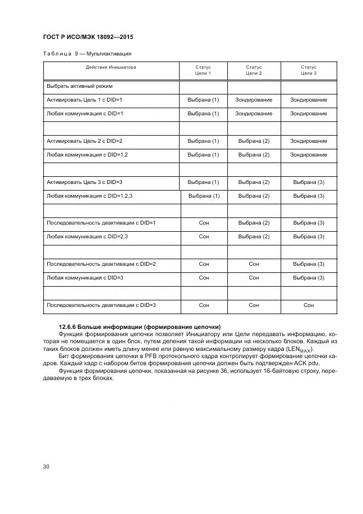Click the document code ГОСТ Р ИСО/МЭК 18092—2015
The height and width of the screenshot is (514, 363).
click(88, 37)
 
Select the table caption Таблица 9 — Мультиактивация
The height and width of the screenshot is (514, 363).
click(87, 54)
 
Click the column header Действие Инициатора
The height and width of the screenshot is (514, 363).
click(111, 68)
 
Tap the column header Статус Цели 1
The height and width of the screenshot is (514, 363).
click(203, 70)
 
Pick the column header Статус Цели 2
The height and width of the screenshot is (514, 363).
click(254, 70)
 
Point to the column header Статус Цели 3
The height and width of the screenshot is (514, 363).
click(309, 70)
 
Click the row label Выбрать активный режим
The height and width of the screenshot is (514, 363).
click(80, 86)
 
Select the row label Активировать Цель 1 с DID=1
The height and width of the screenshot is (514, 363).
click(84, 100)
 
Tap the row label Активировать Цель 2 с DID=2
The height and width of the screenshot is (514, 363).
click(84, 141)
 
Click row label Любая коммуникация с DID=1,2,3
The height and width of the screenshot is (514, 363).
click(90, 196)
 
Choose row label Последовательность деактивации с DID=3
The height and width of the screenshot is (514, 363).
click(101, 305)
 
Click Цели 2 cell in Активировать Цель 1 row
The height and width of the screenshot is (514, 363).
click(254, 100)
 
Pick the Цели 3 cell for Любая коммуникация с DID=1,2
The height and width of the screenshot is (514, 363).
click(309, 155)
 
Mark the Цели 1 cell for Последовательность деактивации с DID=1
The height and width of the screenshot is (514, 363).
click(204, 223)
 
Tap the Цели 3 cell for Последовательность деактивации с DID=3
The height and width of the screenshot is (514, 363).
click(309, 305)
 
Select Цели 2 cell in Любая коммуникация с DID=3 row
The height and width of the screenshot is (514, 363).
click(254, 278)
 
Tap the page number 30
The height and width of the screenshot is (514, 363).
click(46, 467)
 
